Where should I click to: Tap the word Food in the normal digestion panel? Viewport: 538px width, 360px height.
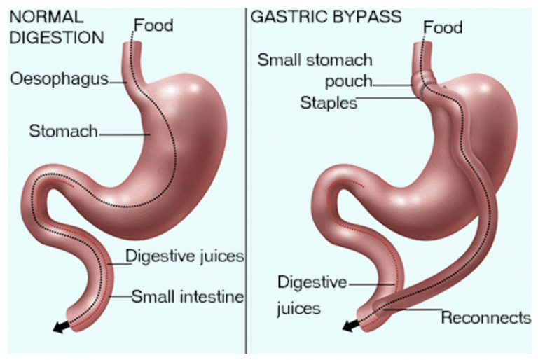point(153,26)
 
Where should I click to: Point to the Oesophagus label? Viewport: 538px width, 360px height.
point(59,78)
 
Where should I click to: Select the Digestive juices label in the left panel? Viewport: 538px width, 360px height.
point(184,256)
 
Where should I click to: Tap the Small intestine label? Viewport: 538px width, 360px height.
point(187,296)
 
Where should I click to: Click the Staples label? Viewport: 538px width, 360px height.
point(328,103)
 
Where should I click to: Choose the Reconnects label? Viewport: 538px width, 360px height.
point(485,317)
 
